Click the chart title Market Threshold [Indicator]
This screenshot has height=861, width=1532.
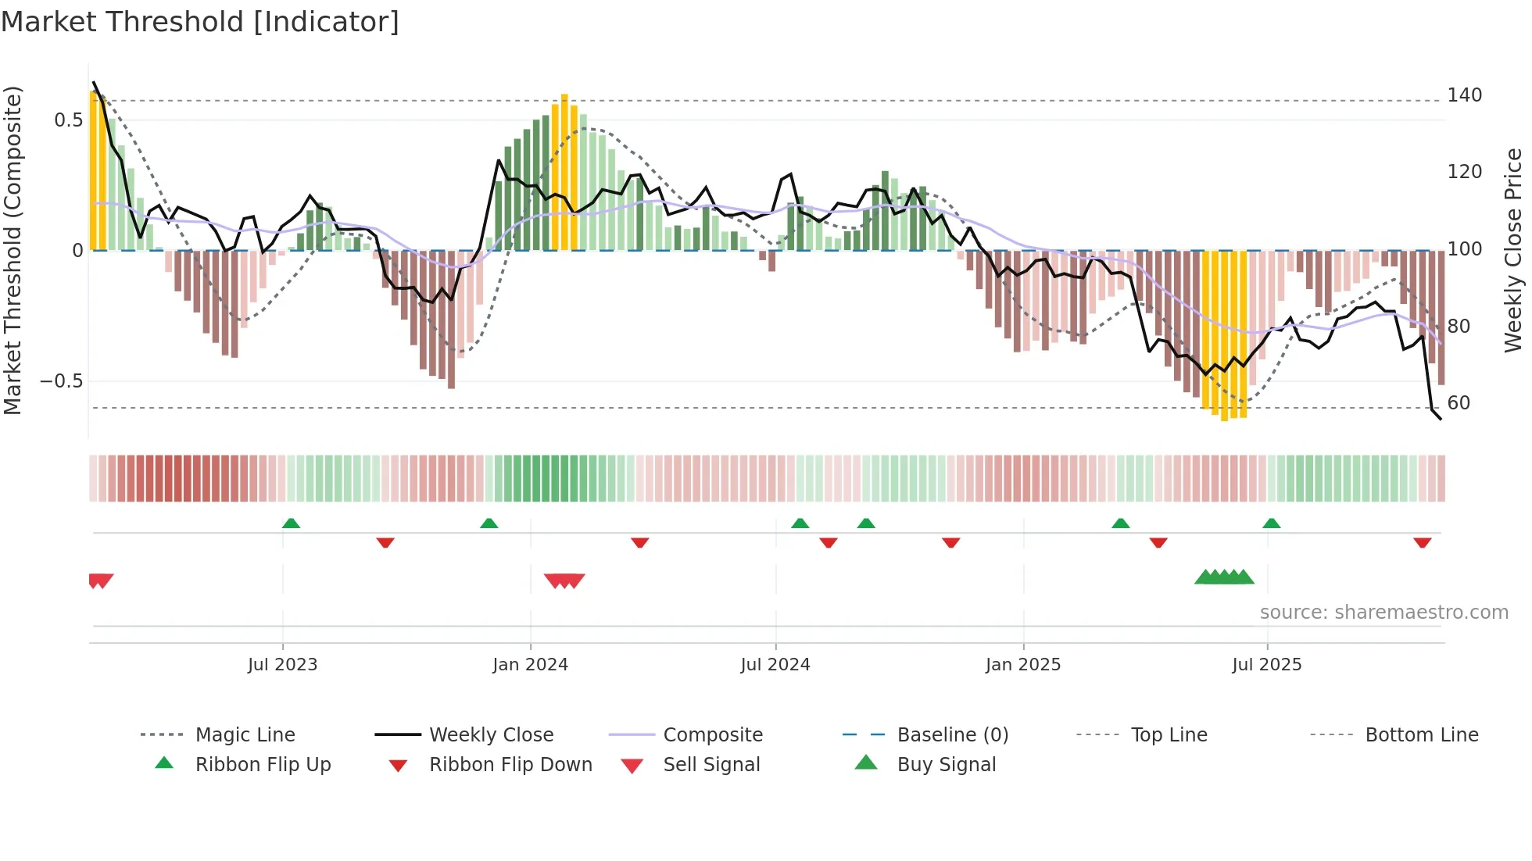200,22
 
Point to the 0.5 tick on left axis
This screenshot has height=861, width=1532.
68,120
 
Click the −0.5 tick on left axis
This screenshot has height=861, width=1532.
62,381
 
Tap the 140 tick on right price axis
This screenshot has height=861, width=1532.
1464,95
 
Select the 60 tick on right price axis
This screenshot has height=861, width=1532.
1459,403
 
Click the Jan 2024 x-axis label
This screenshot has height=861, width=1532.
530,665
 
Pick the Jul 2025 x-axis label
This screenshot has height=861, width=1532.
1266,665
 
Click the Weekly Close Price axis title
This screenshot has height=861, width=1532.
1513,250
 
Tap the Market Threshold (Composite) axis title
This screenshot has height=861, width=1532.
13,250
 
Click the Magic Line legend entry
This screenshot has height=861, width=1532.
245,735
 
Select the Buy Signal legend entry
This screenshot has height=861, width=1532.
946,765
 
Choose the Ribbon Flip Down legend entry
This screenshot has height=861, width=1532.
510,765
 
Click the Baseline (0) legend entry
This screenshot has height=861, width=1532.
952,735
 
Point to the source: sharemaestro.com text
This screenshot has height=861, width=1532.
1383,613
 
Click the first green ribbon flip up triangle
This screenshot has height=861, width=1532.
291,523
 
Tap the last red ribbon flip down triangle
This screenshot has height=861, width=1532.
1422,542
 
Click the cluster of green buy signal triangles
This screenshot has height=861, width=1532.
1224,577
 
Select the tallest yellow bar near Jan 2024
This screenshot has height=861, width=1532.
564,172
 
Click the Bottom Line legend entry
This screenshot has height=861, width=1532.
1421,735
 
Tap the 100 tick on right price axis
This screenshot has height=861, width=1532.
1464,249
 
